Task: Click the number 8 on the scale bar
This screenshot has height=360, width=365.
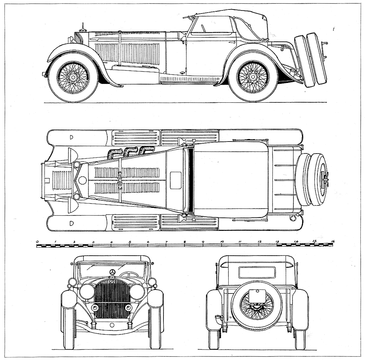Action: click(185, 242)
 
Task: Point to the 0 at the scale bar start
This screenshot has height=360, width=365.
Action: click(37, 242)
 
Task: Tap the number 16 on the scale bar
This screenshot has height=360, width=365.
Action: click(332, 242)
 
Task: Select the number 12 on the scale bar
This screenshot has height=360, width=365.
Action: click(260, 242)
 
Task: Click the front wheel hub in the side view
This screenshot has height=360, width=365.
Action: click(73, 77)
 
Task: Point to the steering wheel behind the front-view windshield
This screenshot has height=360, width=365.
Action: click(129, 275)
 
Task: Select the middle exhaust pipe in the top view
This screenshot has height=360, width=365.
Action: click(129, 151)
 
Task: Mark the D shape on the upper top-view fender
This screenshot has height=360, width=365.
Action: click(71, 137)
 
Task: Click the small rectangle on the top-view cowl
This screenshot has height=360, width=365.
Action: click(176, 180)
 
